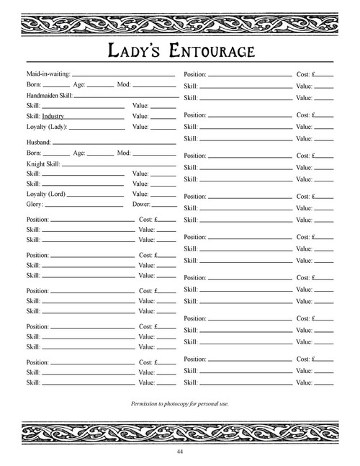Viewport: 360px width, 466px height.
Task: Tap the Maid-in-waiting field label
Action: [48, 74]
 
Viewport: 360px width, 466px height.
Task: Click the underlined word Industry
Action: [53, 116]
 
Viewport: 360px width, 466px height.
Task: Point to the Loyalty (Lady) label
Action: [47, 127]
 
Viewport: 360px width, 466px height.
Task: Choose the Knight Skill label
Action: [43, 163]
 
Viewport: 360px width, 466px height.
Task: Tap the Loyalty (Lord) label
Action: [47, 194]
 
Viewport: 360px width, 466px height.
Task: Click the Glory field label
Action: [35, 205]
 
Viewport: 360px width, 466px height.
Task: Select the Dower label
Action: [141, 205]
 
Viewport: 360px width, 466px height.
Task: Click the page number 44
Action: [179, 452]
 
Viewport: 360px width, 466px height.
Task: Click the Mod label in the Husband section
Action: [124, 153]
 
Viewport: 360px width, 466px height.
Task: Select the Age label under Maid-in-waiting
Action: [80, 85]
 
